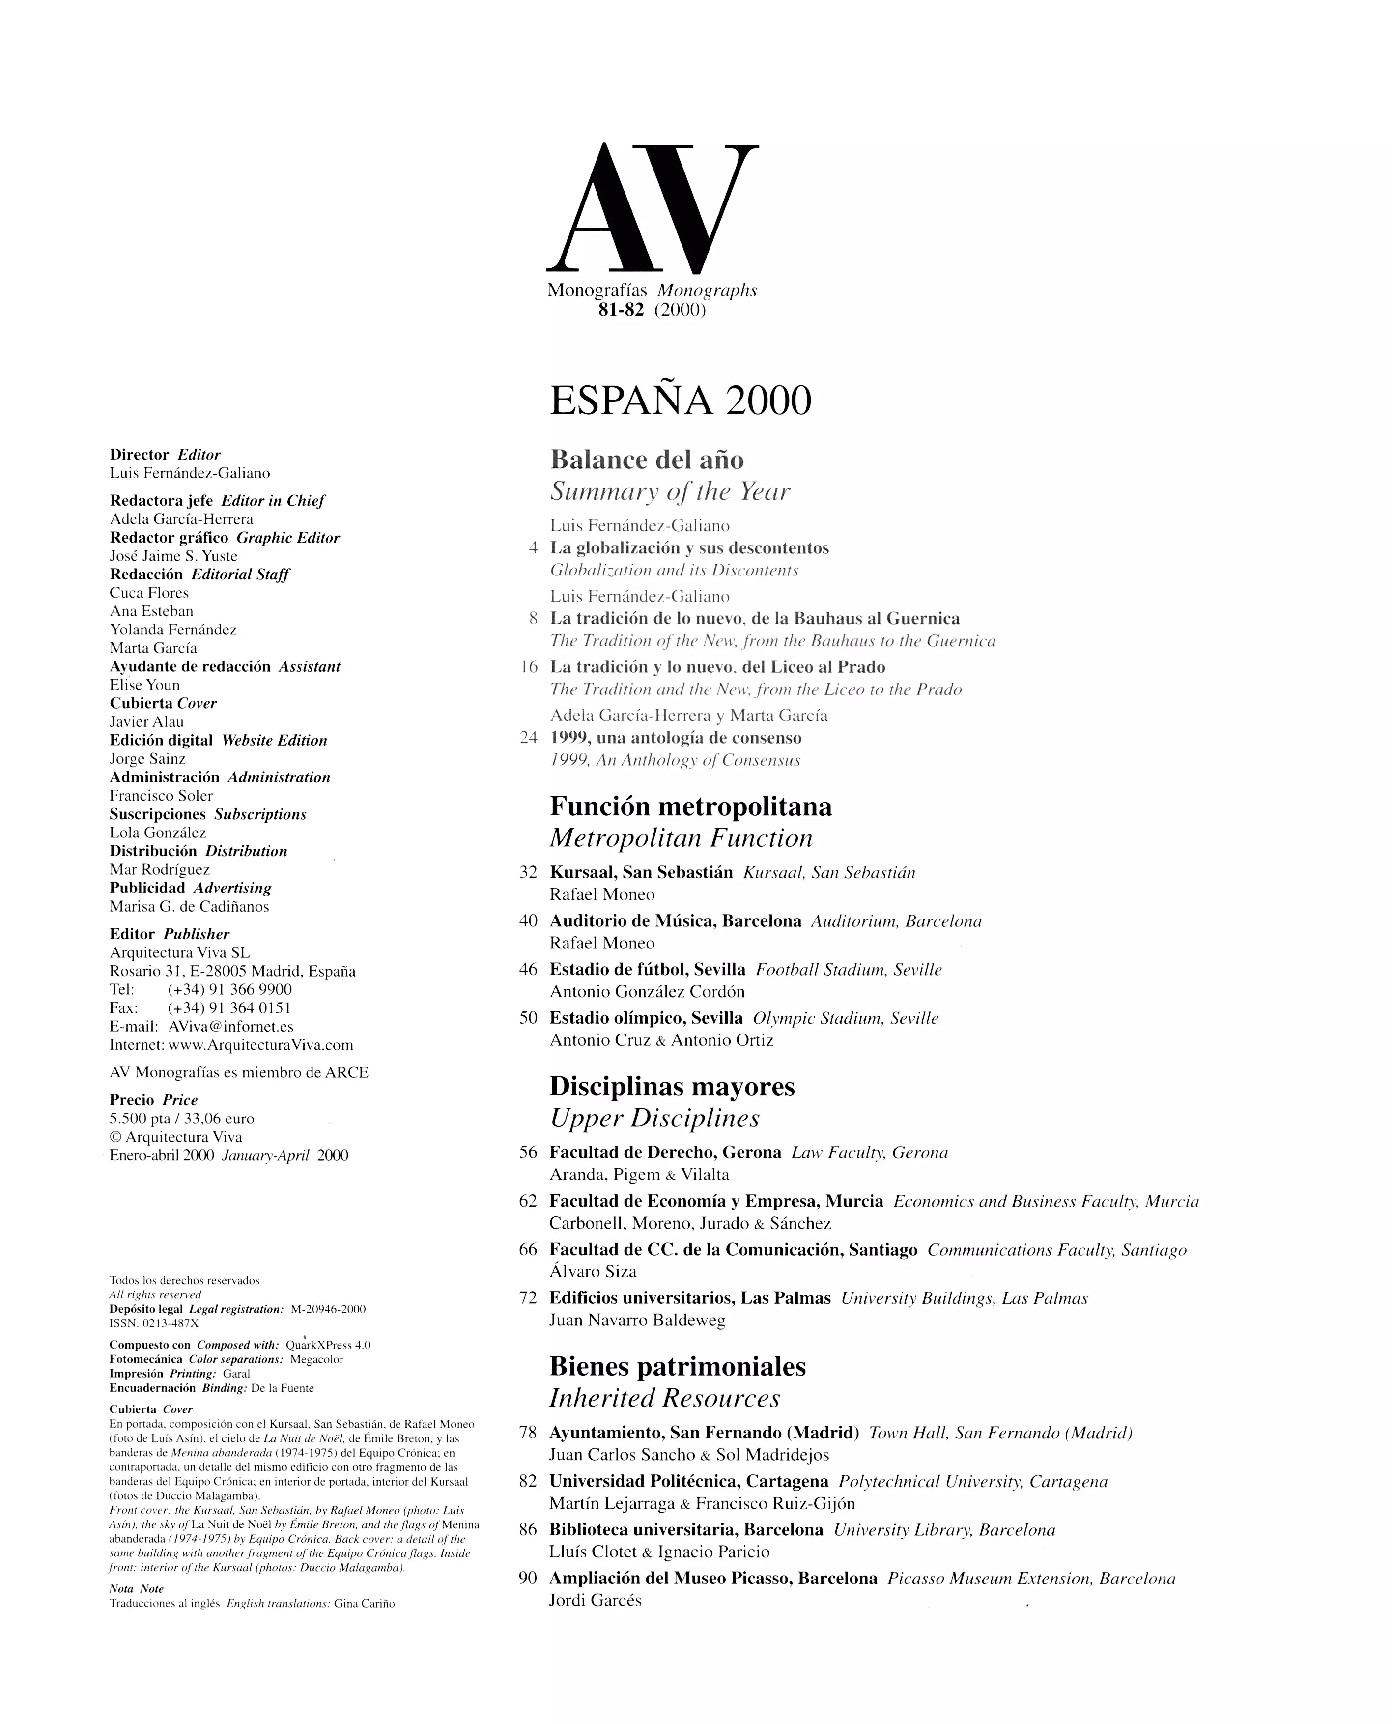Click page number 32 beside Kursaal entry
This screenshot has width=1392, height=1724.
point(528,872)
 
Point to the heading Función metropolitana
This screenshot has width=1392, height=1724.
point(690,806)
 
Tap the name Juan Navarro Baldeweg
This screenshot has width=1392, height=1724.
point(637,1320)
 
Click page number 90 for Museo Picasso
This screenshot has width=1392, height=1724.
point(528,1578)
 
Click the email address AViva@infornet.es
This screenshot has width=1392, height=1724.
point(231,1026)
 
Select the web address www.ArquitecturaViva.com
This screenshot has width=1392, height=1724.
point(260,1045)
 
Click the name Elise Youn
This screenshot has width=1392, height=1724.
point(144,685)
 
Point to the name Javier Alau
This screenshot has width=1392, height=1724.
point(147,721)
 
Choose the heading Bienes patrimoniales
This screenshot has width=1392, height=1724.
point(678,1366)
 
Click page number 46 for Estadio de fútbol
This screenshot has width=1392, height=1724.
point(528,970)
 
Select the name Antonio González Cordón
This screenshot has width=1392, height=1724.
point(647,992)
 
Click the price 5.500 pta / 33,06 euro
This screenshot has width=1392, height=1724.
point(182,1119)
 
